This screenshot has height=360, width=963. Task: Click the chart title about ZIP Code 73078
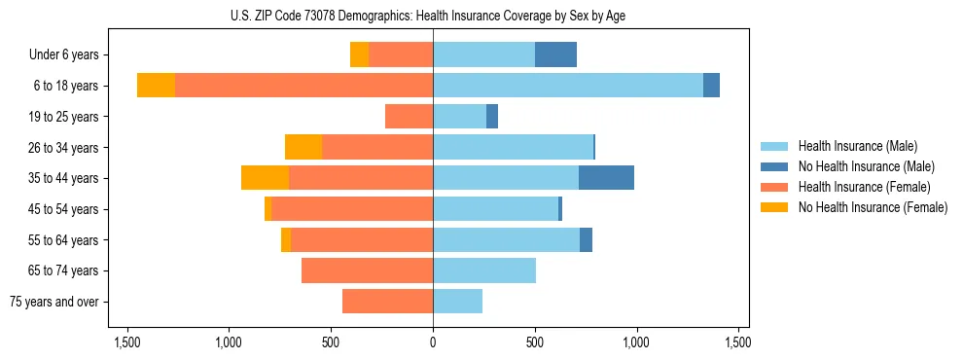pyautogui.click(x=433, y=15)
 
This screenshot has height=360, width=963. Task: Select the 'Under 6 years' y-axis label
pyautogui.click(x=70, y=55)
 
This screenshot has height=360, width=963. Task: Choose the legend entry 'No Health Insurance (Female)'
pyautogui.click(x=873, y=207)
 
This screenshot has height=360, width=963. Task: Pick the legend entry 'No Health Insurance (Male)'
pyautogui.click(x=866, y=166)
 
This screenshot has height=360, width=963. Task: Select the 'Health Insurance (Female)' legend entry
pyautogui.click(x=864, y=187)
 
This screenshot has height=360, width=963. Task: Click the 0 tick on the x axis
pyautogui.click(x=433, y=342)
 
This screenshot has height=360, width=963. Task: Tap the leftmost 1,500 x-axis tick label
pyautogui.click(x=127, y=342)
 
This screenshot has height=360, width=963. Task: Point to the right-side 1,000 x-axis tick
pyautogui.click(x=637, y=342)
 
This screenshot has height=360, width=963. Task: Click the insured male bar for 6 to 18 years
pyautogui.click(x=568, y=86)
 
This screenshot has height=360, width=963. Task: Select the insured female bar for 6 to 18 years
pyautogui.click(x=303, y=86)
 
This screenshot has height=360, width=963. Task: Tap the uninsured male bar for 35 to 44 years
pyautogui.click(x=606, y=178)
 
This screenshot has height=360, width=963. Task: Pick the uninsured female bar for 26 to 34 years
pyautogui.click(x=303, y=147)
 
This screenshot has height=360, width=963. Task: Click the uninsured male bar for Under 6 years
pyautogui.click(x=555, y=54)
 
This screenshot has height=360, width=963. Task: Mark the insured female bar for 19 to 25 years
pyautogui.click(x=409, y=117)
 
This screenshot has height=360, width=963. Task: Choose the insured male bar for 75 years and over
pyautogui.click(x=457, y=302)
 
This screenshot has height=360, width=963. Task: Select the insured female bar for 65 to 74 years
pyautogui.click(x=367, y=270)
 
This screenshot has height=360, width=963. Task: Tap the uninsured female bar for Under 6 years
pyautogui.click(x=359, y=54)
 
